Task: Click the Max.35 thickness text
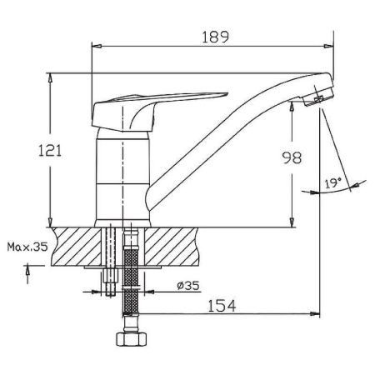pyautogui.click(x=25, y=247)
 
